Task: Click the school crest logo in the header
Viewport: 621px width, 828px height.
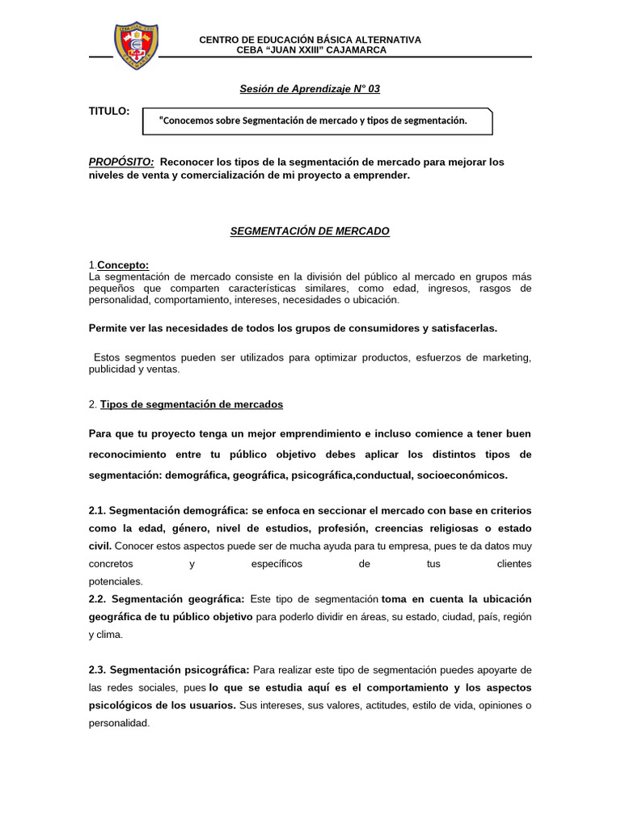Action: tap(135, 46)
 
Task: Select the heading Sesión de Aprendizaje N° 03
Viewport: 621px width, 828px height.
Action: tap(310, 89)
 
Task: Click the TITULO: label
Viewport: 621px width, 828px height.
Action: tap(108, 111)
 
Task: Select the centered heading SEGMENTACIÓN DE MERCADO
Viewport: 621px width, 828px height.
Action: tap(310, 231)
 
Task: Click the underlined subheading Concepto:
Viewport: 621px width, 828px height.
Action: tap(123, 266)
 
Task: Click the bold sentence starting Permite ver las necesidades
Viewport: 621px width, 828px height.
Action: tap(293, 328)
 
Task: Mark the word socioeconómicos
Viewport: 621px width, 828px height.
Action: tap(462, 475)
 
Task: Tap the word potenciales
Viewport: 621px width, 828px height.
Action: tap(115, 581)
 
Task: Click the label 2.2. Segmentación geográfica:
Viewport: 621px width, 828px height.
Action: tap(166, 599)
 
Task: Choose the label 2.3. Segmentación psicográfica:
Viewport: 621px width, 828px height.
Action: tap(169, 670)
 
